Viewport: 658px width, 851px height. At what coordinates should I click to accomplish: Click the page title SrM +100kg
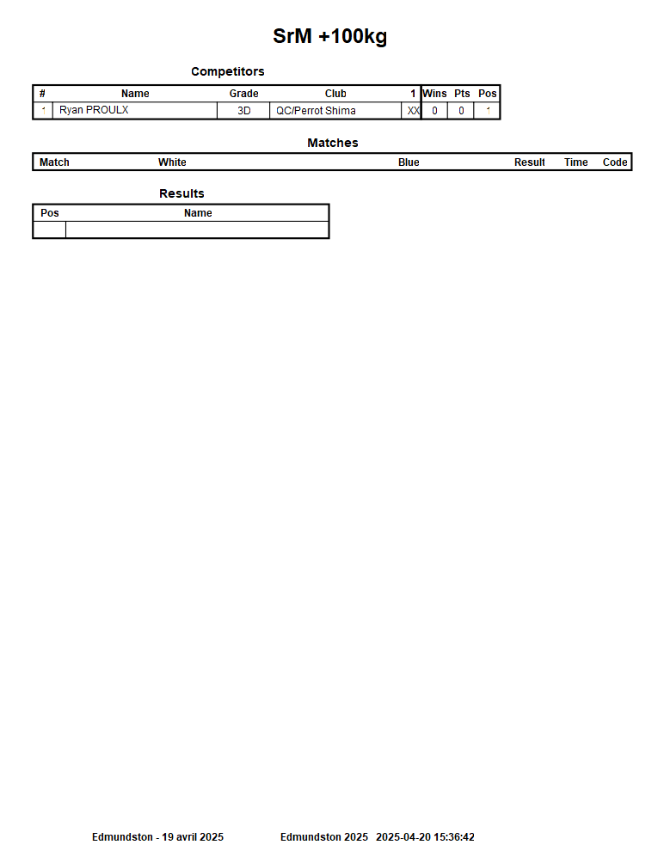click(x=329, y=37)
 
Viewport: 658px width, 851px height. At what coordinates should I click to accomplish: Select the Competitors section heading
click(x=227, y=71)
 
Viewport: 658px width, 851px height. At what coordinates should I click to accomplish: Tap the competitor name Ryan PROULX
click(x=94, y=110)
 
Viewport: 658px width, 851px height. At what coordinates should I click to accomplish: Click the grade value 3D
click(x=243, y=111)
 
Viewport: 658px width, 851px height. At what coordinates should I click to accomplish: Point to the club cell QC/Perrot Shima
click(x=316, y=111)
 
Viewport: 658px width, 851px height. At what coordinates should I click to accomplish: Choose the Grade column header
click(x=243, y=94)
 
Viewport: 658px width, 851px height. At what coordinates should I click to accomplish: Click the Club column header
click(x=335, y=94)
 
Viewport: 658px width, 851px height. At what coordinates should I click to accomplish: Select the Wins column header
click(x=434, y=94)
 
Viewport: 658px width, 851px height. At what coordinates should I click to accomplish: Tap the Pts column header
click(x=462, y=94)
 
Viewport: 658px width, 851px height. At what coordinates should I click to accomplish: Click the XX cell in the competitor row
click(x=413, y=111)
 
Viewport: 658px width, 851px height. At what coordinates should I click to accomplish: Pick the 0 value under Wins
click(x=434, y=111)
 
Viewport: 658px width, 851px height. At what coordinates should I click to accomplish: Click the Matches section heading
click(x=332, y=143)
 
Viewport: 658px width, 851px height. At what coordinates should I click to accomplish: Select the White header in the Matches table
click(x=172, y=162)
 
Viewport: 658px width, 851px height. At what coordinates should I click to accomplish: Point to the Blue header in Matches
click(x=409, y=162)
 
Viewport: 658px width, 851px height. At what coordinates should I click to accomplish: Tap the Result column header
click(x=529, y=162)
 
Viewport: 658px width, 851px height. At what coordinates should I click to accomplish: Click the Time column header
click(x=575, y=162)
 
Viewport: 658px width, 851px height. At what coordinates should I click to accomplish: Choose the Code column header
click(x=615, y=162)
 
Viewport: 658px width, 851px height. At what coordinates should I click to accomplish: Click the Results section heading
click(x=181, y=193)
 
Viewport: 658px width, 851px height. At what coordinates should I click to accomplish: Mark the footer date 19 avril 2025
click(x=193, y=837)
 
